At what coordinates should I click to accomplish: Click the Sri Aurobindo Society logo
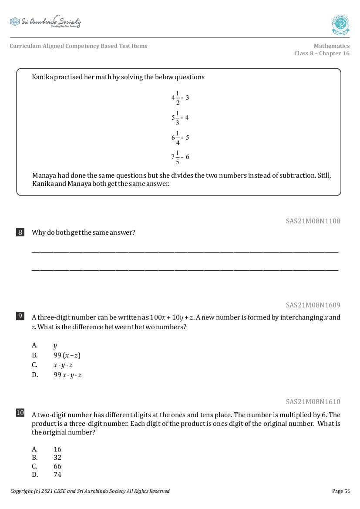(45, 22)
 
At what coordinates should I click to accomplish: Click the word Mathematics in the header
(331, 46)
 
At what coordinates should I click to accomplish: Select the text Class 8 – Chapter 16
(322, 54)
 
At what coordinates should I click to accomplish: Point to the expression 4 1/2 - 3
(180, 98)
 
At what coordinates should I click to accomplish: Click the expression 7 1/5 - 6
(180, 157)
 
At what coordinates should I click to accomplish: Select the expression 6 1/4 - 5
(180, 137)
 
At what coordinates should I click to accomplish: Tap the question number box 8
(20, 232)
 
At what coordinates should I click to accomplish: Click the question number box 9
(20, 316)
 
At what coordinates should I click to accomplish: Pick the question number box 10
(20, 413)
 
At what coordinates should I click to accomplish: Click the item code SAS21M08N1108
(313, 221)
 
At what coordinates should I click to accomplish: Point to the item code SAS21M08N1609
(313, 305)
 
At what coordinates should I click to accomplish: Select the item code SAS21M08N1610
(313, 401)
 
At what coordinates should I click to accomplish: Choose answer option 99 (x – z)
(67, 355)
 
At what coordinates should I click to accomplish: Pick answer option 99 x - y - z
(67, 375)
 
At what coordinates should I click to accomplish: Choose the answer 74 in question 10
(57, 475)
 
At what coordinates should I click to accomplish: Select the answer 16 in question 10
(57, 449)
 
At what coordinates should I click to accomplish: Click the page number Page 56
(341, 491)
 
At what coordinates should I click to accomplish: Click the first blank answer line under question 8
(185, 252)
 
